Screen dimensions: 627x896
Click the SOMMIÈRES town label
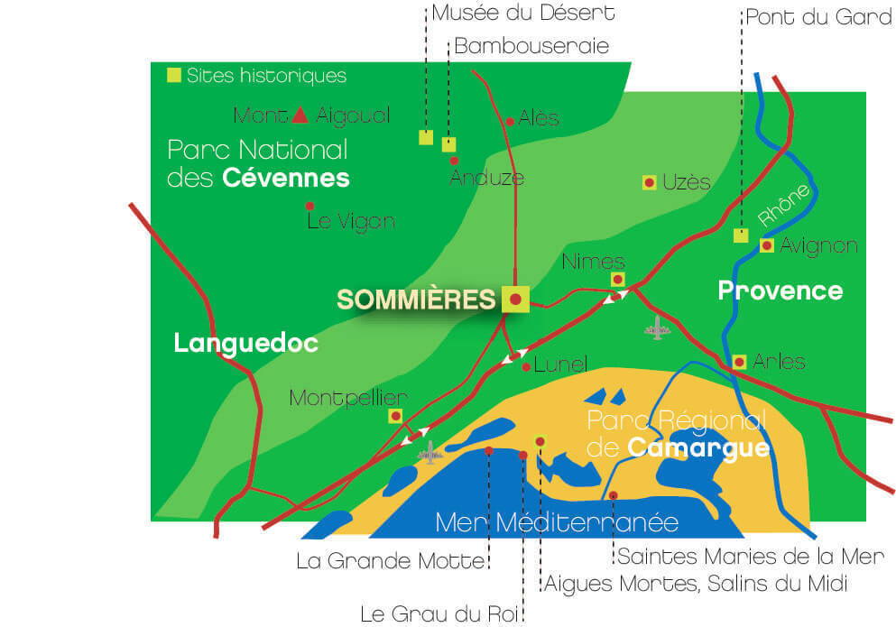(416, 300)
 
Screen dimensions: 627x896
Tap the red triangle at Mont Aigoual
(301, 115)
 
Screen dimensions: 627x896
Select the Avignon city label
(818, 245)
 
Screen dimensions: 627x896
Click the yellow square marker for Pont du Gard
(741, 235)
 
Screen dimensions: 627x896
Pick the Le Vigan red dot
(309, 206)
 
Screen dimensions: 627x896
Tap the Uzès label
(687, 182)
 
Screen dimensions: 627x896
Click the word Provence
(780, 290)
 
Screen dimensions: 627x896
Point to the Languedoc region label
(246, 343)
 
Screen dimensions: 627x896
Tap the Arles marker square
(739, 362)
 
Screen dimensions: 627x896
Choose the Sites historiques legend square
(173, 75)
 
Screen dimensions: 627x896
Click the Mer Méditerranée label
(556, 522)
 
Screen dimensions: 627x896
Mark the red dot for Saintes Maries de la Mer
(614, 494)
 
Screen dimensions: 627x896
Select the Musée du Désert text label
(523, 14)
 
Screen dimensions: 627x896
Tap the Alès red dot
(511, 121)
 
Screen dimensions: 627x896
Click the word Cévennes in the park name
(285, 177)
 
